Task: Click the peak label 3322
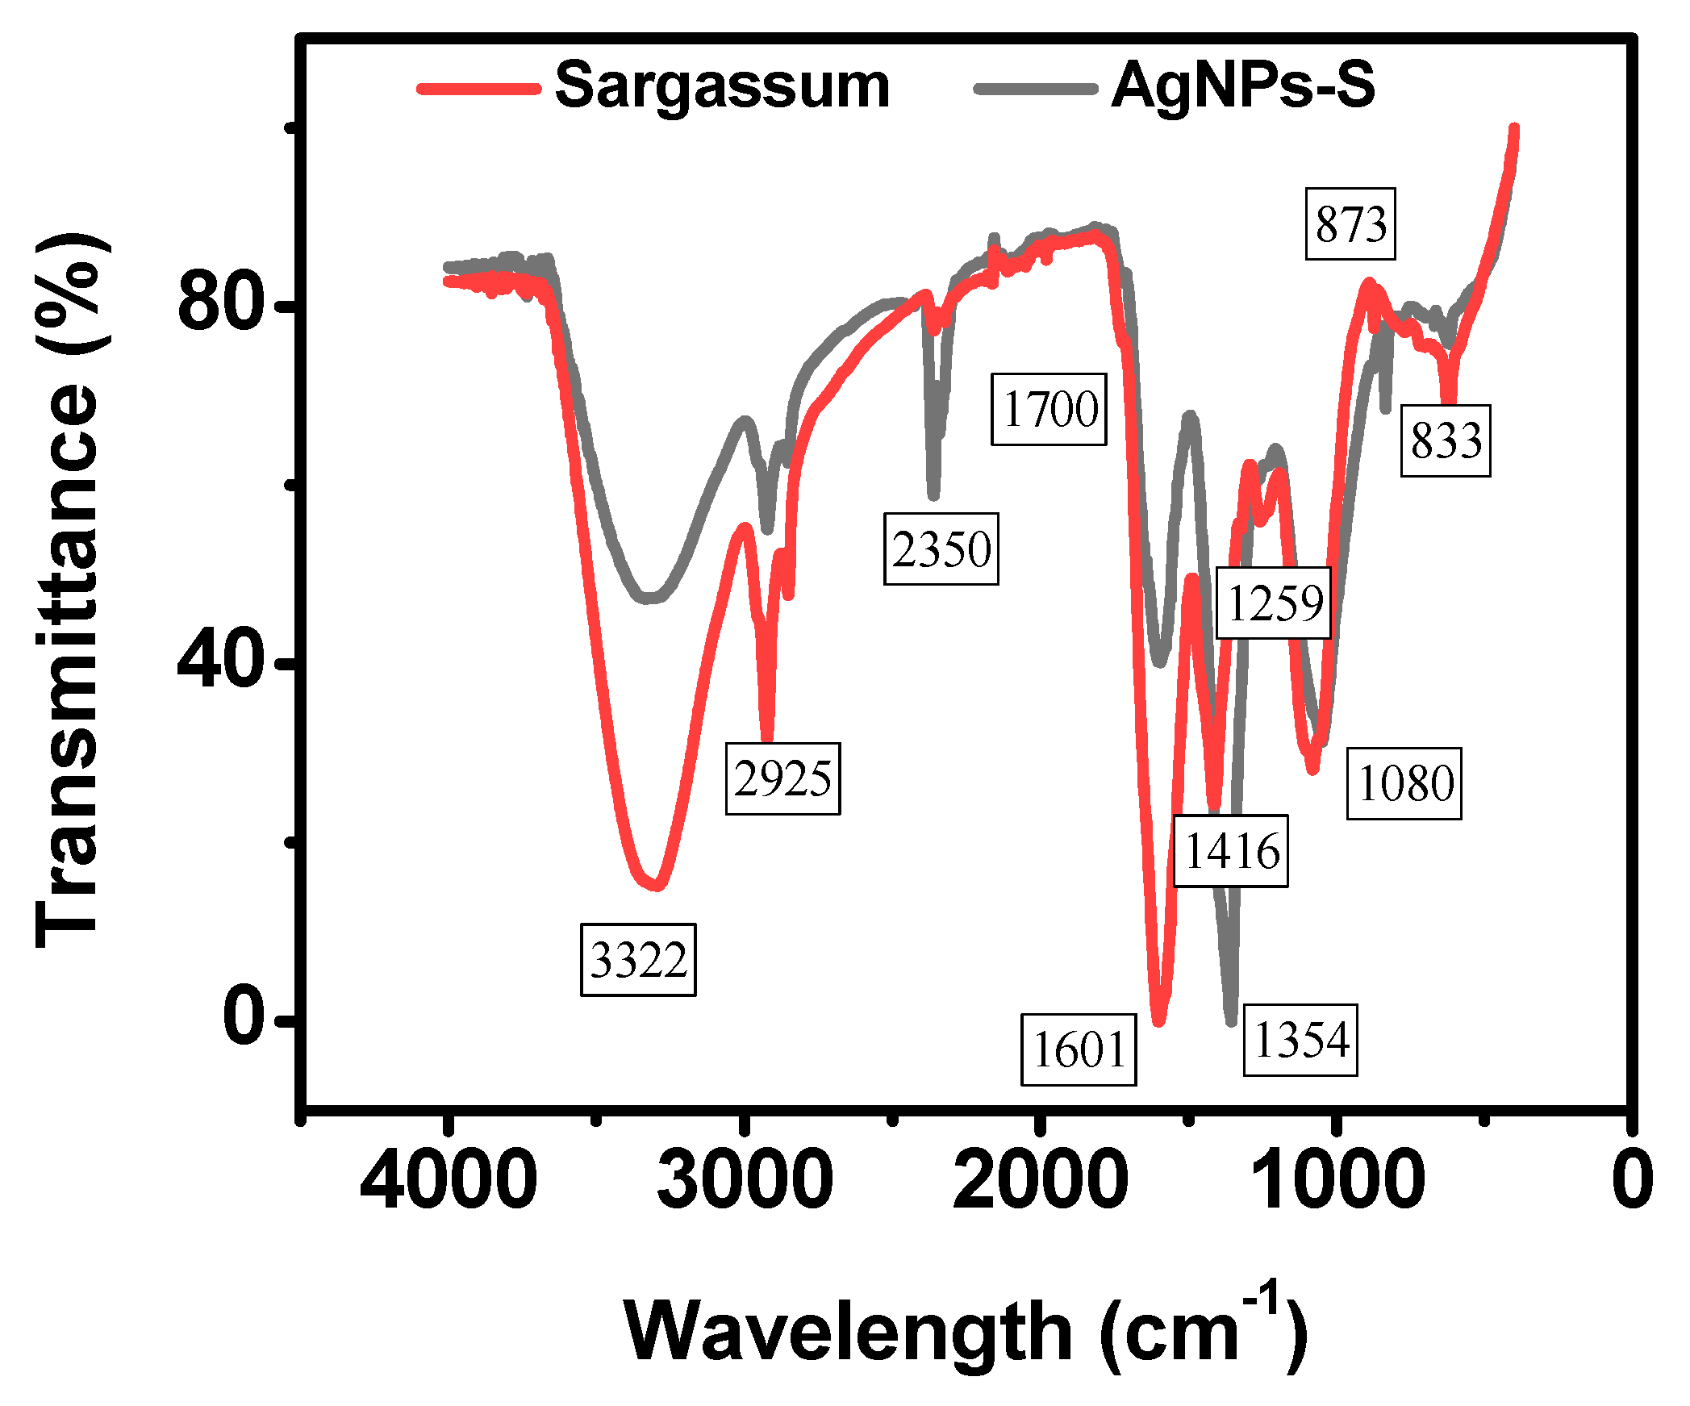(x=638, y=959)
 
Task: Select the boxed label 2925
(x=782, y=778)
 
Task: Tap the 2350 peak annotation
(x=941, y=549)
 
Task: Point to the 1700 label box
(x=1049, y=408)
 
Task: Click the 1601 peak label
(x=1079, y=1049)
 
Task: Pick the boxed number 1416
(x=1231, y=851)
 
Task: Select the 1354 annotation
(x=1300, y=1039)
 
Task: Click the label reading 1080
(x=1404, y=783)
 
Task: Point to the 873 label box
(x=1350, y=223)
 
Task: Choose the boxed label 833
(x=1446, y=440)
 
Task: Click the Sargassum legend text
(x=722, y=86)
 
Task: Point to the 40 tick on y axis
(x=220, y=662)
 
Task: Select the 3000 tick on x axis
(x=744, y=1179)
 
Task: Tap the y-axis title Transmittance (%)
(x=69, y=589)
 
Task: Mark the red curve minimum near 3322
(x=655, y=886)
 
